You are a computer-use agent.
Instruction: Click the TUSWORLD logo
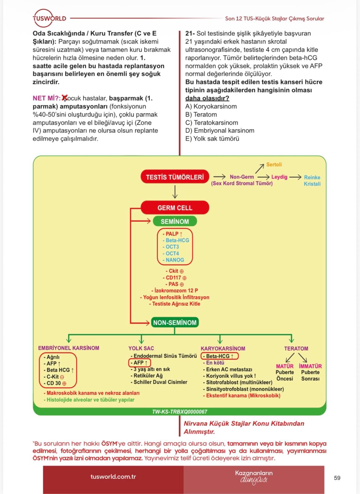[x=49, y=18]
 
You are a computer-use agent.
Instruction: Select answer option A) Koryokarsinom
[x=211, y=106]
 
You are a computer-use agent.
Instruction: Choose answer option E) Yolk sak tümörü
[x=212, y=139]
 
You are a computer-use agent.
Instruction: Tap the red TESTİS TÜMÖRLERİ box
[x=175, y=177]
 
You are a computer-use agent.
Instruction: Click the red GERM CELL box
[x=175, y=207]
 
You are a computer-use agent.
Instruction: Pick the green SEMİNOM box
[x=175, y=221]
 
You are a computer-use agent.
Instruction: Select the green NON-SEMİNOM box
[x=175, y=322]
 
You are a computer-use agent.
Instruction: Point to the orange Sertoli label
[x=274, y=164]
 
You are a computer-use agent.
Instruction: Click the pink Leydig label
[x=279, y=177]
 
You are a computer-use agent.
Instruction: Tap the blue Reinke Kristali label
[x=312, y=180]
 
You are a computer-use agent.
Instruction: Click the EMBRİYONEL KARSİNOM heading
[x=69, y=348]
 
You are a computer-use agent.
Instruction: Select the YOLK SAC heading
[x=141, y=348]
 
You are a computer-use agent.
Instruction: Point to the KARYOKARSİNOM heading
[x=223, y=349]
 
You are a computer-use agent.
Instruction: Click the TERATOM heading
[x=296, y=349]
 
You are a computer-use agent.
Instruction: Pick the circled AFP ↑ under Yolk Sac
[x=140, y=362]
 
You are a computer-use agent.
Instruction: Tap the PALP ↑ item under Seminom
[x=173, y=234]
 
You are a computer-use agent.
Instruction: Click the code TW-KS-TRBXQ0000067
[x=180, y=412]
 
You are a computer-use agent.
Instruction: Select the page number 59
[x=337, y=478]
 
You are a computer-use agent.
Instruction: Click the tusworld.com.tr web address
[x=113, y=477]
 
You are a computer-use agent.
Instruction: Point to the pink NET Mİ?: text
[x=47, y=98]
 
